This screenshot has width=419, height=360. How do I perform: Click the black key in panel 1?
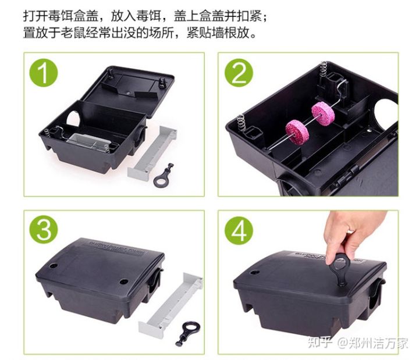(x=164, y=174)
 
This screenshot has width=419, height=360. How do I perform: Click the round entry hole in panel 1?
(x=73, y=119)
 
